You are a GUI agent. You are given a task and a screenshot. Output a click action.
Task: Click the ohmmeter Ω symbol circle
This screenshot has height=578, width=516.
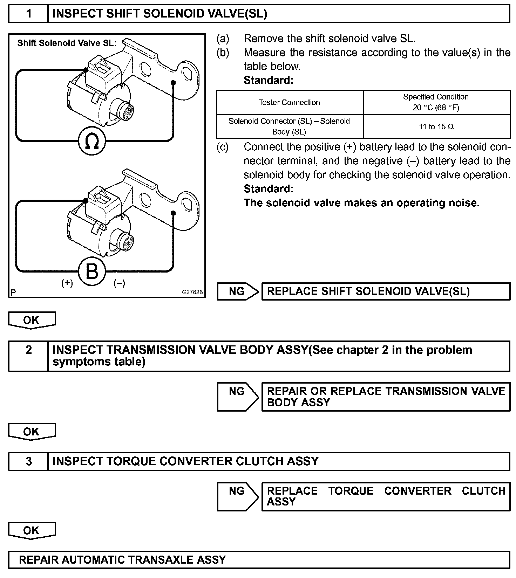point(92,141)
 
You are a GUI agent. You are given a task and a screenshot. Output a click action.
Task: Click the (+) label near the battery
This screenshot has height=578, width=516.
point(67,283)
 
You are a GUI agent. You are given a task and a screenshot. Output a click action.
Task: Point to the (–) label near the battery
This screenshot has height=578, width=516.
point(119,283)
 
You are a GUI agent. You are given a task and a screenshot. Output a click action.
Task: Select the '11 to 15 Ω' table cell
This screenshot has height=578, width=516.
point(436,126)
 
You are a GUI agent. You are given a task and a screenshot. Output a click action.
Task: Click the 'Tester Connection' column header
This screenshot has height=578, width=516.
point(289,102)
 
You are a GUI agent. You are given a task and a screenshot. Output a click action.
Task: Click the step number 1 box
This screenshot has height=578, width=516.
point(28,14)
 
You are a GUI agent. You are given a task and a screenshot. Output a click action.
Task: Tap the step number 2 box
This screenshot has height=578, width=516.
point(28,356)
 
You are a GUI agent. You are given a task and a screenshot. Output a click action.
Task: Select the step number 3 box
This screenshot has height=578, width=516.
point(28,461)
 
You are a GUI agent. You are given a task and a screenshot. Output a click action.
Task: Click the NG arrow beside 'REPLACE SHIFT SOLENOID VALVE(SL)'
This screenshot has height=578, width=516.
point(238,291)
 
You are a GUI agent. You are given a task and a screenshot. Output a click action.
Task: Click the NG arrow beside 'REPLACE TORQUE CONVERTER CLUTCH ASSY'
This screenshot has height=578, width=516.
point(238,496)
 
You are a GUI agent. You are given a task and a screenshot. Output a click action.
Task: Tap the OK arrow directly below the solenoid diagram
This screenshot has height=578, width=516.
point(32,320)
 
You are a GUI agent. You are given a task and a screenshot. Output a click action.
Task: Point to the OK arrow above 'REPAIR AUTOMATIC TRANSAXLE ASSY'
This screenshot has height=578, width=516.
point(32,531)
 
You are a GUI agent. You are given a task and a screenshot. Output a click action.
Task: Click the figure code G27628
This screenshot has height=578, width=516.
point(192,292)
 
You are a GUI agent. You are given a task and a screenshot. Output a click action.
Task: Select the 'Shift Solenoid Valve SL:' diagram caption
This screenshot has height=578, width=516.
point(67,43)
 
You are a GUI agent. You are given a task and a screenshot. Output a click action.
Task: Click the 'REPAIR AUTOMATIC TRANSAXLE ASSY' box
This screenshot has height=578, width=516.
point(259,559)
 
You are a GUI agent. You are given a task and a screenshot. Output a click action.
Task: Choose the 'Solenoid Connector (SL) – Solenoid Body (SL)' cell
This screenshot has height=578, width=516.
point(289,126)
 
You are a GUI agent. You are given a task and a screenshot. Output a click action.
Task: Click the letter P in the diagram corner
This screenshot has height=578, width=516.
point(13,293)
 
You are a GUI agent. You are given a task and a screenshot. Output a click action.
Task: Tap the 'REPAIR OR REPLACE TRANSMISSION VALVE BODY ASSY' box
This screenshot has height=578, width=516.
point(386,397)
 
